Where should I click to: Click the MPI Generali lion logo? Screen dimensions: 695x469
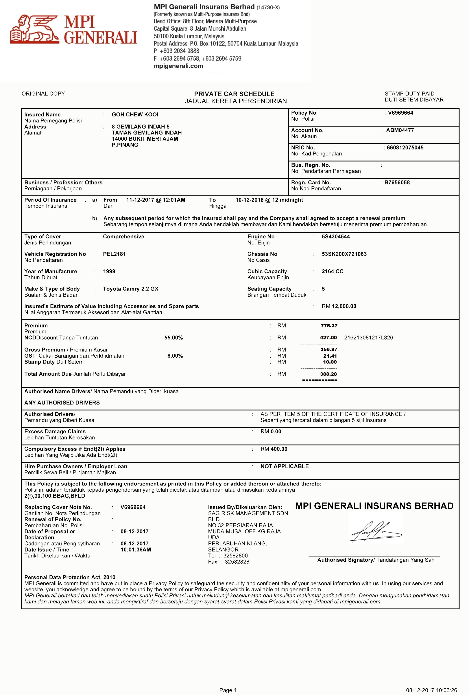click(34, 29)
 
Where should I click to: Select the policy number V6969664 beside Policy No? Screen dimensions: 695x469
click(401, 113)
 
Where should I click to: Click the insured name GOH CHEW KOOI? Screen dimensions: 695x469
click(135, 114)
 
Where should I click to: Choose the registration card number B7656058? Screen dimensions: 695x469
click(397, 182)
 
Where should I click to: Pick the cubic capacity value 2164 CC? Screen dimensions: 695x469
click(332, 271)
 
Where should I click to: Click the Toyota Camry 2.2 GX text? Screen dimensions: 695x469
click(130, 289)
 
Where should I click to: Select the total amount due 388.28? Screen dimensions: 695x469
click(329, 374)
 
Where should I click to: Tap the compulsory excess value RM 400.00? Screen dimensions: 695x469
click(274, 449)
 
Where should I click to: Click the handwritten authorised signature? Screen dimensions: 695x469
click(375, 532)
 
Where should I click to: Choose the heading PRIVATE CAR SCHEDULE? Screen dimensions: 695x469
click(234, 94)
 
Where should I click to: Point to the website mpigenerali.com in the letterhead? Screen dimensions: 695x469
click(178, 66)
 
